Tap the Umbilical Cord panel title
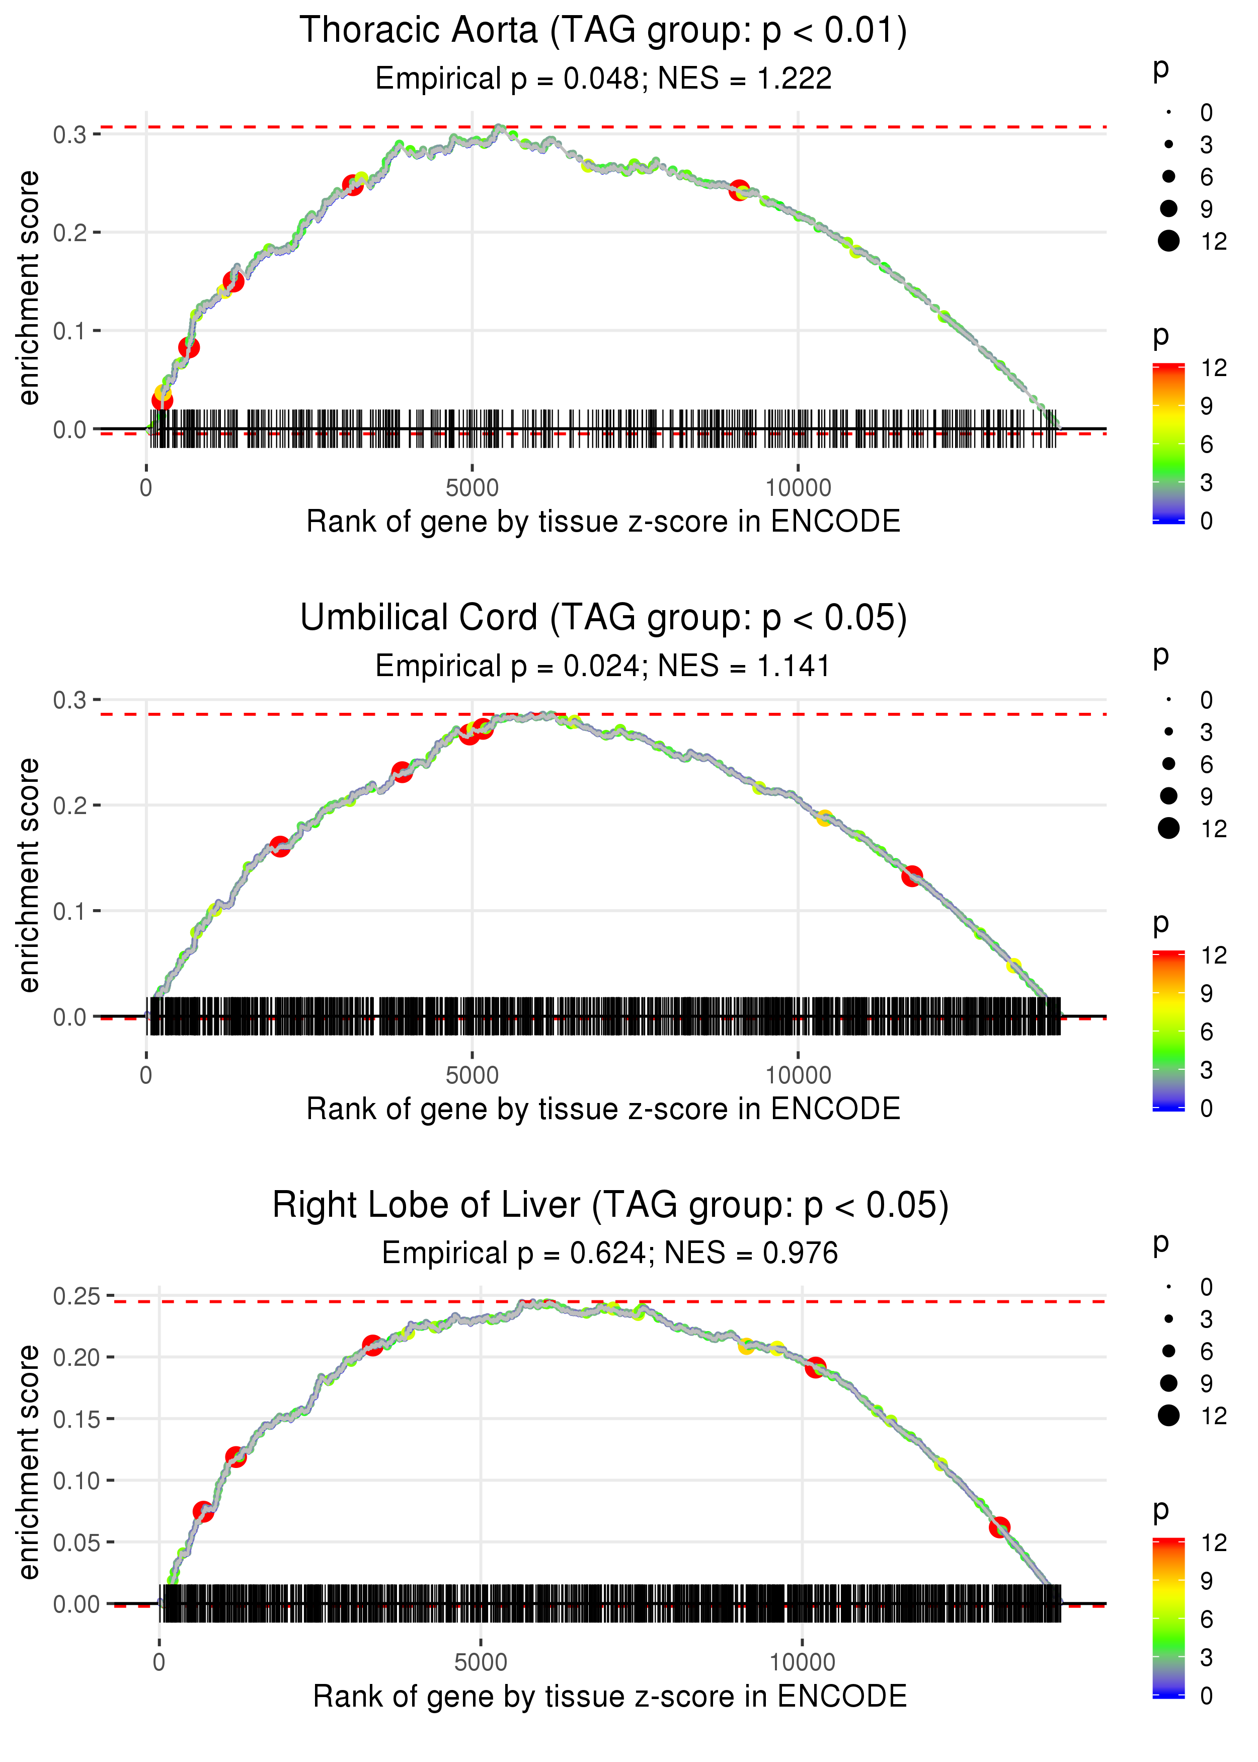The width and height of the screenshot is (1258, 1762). tap(603, 618)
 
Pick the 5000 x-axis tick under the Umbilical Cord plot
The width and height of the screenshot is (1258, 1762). tap(472, 1075)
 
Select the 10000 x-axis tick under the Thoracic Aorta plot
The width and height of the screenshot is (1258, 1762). tap(798, 488)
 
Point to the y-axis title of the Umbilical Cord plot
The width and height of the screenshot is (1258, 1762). tap(29, 875)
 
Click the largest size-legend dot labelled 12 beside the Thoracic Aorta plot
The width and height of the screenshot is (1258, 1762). tap(1168, 241)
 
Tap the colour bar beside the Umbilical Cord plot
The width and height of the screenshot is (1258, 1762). tap(1168, 1031)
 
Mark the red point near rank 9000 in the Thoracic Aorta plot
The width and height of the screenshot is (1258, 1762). tap(739, 190)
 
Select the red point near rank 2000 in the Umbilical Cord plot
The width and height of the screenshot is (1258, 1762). tap(280, 846)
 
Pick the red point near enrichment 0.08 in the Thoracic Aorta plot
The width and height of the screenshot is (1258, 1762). tap(188, 347)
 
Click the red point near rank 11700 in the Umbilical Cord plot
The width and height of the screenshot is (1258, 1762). tap(912, 876)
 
